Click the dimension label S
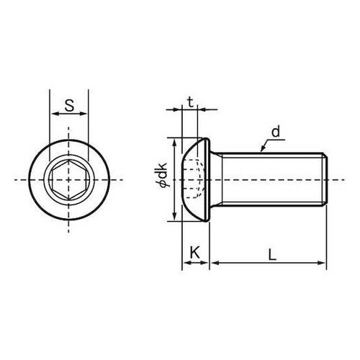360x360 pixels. pos(69,105)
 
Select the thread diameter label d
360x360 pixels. pos(276,131)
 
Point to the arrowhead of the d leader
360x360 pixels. pos(259,150)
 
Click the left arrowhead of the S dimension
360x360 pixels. pos(52,114)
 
